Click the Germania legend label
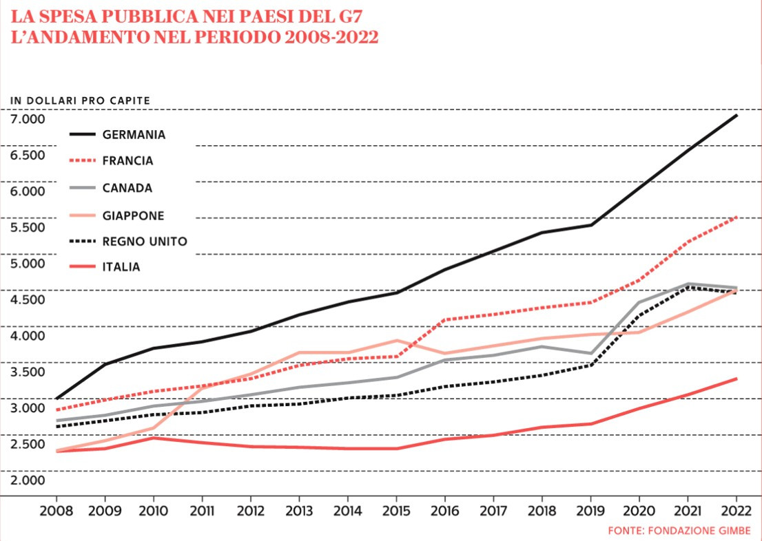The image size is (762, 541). pos(134,135)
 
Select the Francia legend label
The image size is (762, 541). pos(127,161)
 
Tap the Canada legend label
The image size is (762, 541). pos(127,188)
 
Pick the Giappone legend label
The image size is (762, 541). pos(134,215)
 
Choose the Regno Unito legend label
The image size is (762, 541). pos(145,242)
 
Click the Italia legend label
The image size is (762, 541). pos(121,267)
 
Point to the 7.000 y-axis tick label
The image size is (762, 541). pos(28,118)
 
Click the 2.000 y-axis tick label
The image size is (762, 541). pos(28,480)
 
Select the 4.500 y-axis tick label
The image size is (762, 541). pos(28,299)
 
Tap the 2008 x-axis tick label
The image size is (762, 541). pos(56,512)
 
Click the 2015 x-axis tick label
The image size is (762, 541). pos(396,512)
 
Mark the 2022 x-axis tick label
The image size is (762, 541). pos(736,512)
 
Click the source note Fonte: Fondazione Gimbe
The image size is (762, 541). pos(679,531)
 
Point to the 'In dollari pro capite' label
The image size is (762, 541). pos(80,100)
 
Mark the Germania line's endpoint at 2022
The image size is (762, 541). pos(737,115)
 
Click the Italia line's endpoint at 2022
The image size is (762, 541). pos(737,379)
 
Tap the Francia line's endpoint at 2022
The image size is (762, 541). pos(737,217)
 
